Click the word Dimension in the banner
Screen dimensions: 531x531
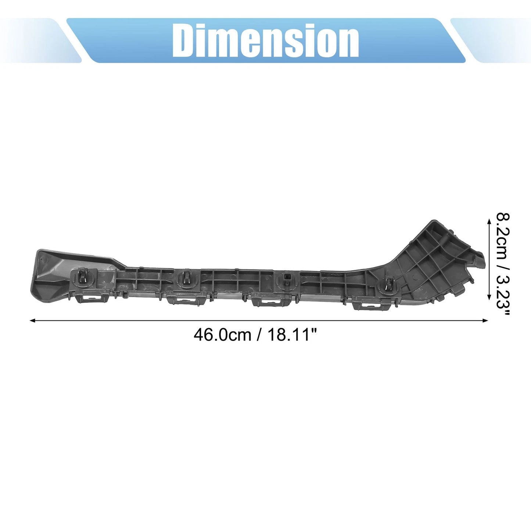coord(265,40)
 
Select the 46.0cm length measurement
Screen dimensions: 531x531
coord(222,335)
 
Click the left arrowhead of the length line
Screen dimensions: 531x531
coord(32,320)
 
